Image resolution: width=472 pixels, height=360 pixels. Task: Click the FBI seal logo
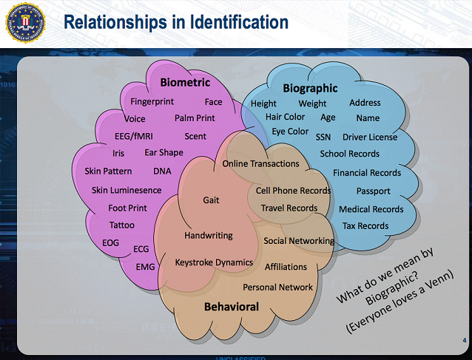pyautogui.click(x=26, y=23)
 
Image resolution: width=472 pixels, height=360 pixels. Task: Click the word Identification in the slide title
pyautogui.click(x=239, y=22)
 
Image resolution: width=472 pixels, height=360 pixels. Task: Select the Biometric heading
pyautogui.click(x=185, y=82)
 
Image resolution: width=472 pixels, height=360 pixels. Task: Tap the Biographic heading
pyautogui.click(x=310, y=89)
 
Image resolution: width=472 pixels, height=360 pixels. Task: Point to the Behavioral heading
pyautogui.click(x=232, y=307)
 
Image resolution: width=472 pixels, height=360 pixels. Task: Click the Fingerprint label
pyautogui.click(x=152, y=102)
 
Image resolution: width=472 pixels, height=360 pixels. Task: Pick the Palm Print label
pyautogui.click(x=195, y=118)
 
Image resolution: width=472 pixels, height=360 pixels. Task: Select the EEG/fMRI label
pyautogui.click(x=134, y=136)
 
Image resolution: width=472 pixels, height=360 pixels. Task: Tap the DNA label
pyautogui.click(x=162, y=171)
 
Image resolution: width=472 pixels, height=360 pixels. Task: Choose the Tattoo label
pyautogui.click(x=122, y=225)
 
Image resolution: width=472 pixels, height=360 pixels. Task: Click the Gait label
pyautogui.click(x=211, y=200)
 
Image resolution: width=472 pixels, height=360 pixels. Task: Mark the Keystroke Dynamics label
pyautogui.click(x=214, y=262)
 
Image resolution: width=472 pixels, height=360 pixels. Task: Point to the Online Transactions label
pyautogui.click(x=260, y=163)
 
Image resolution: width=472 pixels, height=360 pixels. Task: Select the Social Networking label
pyautogui.click(x=299, y=241)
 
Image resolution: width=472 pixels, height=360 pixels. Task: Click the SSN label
pyautogui.click(x=323, y=137)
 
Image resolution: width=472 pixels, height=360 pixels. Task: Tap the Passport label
pyautogui.click(x=374, y=191)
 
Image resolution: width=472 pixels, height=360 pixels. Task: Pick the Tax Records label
pyautogui.click(x=365, y=226)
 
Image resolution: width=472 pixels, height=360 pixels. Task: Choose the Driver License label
pyautogui.click(x=370, y=137)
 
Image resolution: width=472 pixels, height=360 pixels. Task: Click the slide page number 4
pyautogui.click(x=465, y=340)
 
